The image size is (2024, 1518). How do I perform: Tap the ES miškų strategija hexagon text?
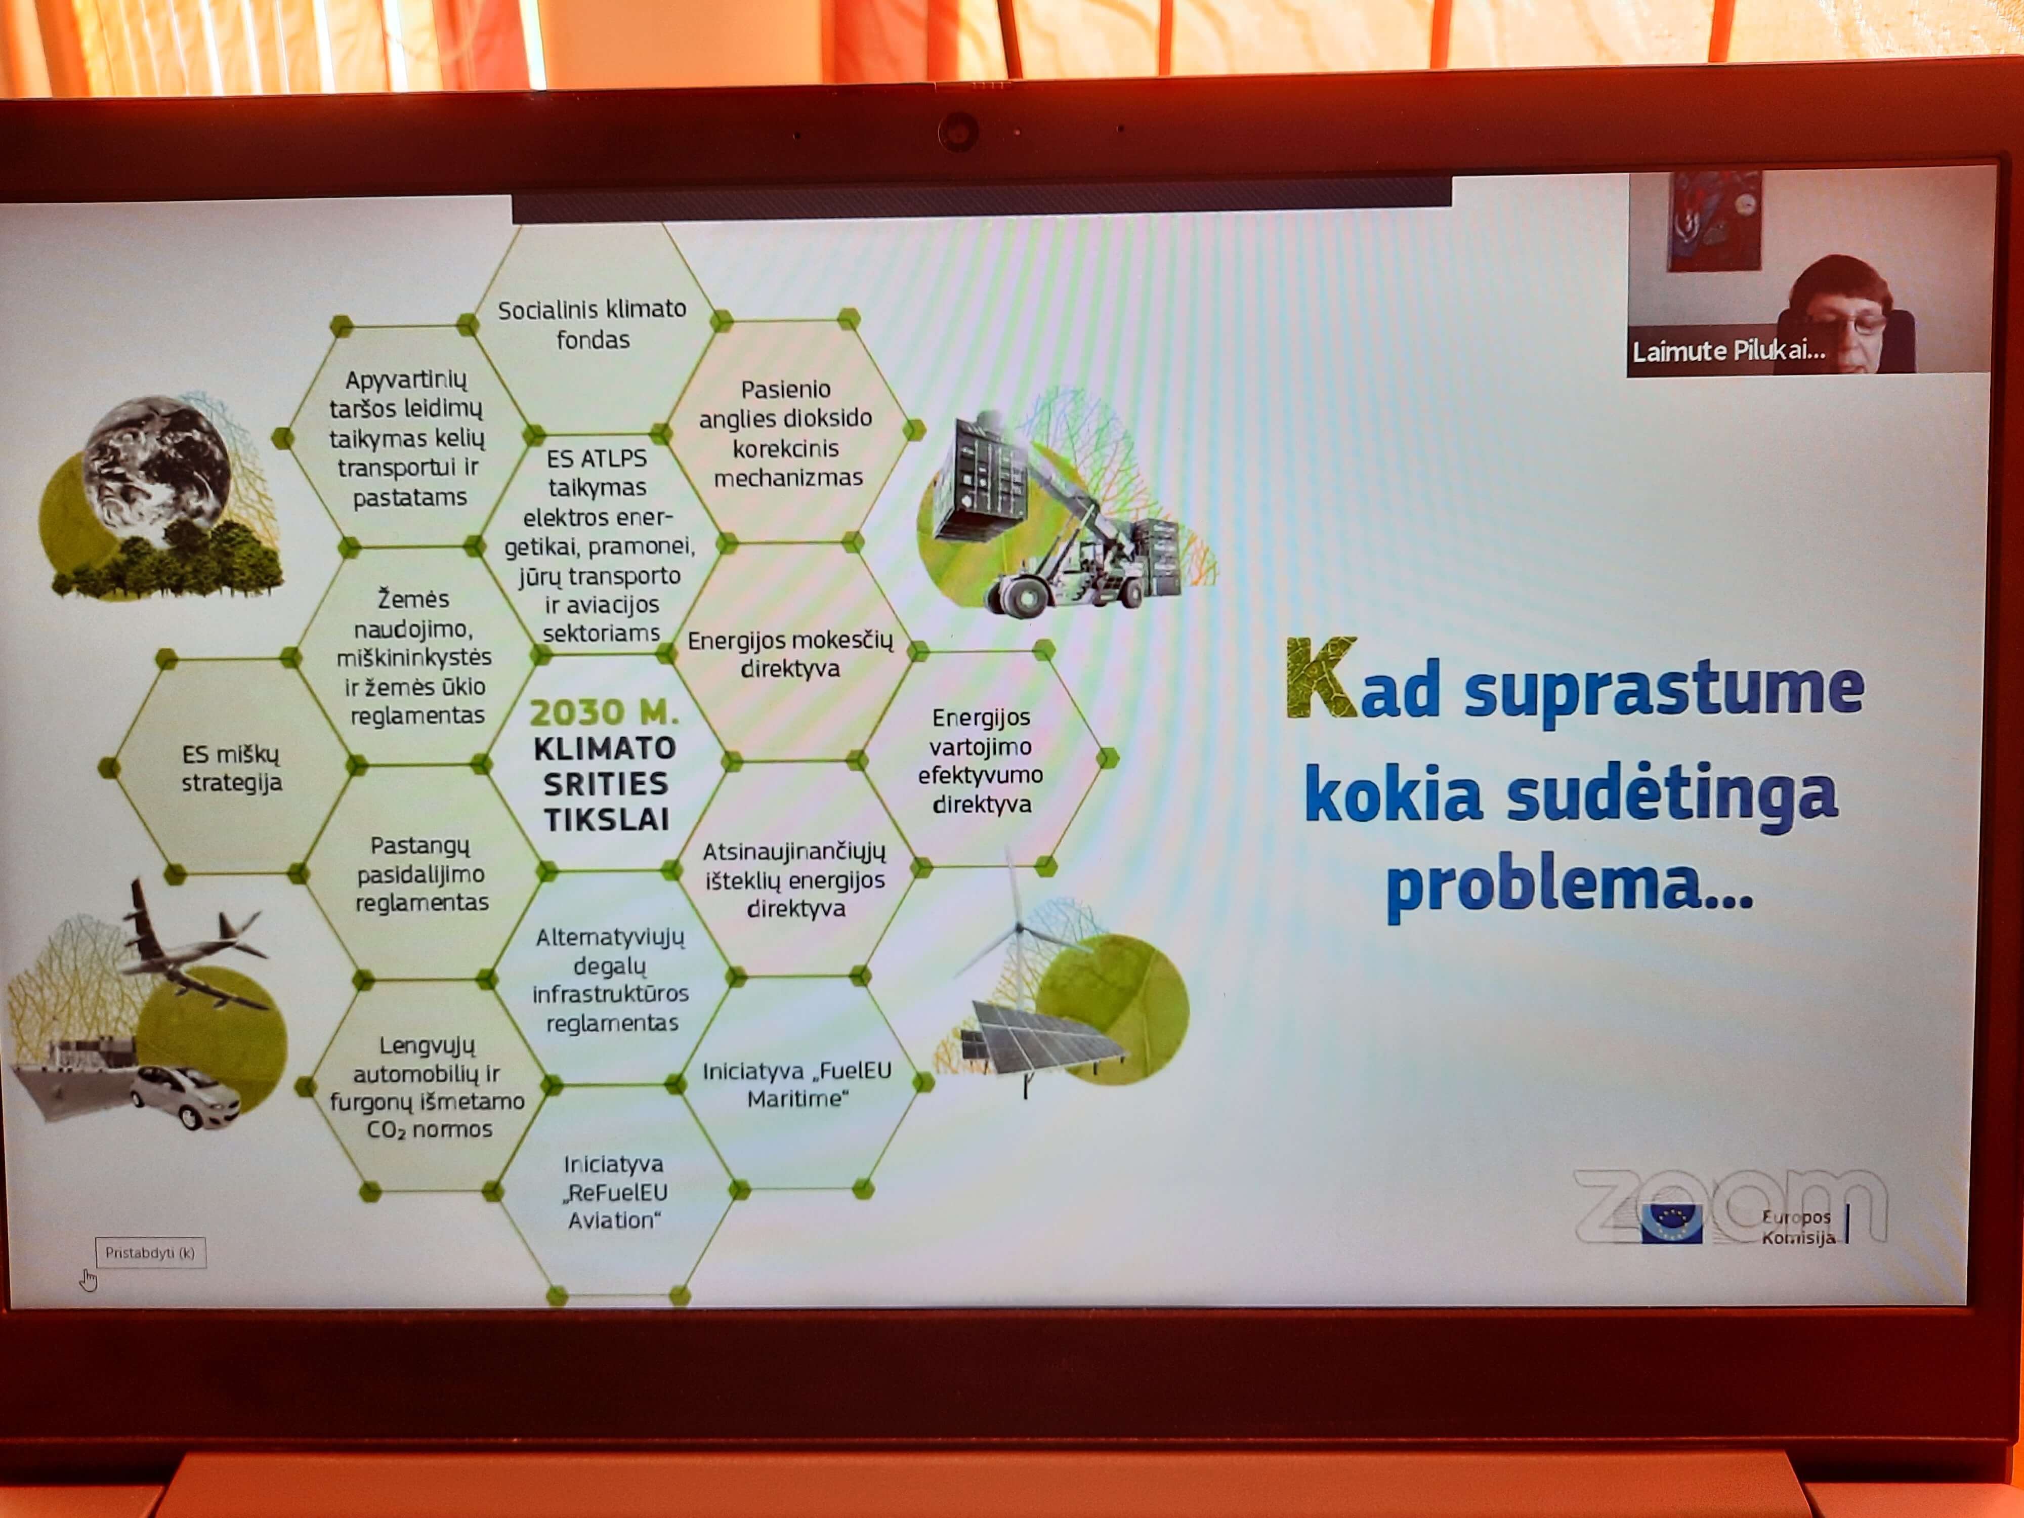[x=232, y=768]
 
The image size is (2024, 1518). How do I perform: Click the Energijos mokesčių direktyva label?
[x=790, y=653]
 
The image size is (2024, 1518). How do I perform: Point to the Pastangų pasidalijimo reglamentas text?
[x=422, y=874]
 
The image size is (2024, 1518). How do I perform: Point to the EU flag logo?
[x=1671, y=1224]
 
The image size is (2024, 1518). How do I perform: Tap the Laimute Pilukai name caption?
[x=1728, y=351]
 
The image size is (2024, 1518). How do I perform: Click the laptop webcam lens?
[x=958, y=132]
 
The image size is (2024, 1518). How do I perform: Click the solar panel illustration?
[x=1042, y=1038]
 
